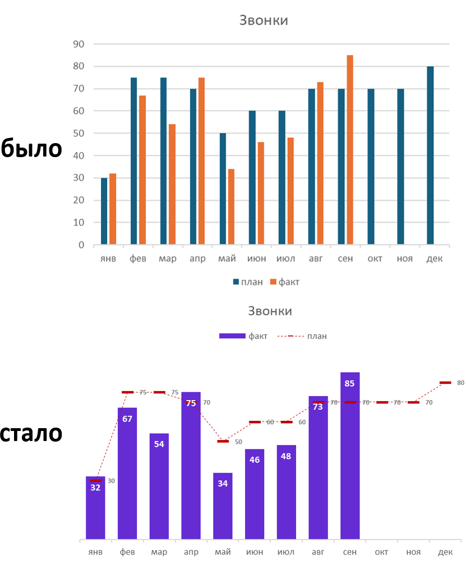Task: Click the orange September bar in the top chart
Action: (350, 150)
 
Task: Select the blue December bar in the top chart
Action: (430, 155)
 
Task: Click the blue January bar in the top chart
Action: (104, 211)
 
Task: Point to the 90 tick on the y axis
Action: (79, 44)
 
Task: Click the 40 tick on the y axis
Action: (79, 155)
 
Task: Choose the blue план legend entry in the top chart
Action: (248, 282)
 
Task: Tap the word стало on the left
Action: (31, 433)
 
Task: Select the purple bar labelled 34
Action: (223, 506)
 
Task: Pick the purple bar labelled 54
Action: (159, 486)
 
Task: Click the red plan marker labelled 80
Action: (445, 383)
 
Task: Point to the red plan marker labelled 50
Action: (223, 442)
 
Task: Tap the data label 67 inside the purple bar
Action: (127, 419)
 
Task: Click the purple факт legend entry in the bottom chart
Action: (243, 336)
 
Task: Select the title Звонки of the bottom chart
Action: (270, 311)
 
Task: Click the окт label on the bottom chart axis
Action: (381, 552)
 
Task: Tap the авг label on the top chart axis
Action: (316, 259)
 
